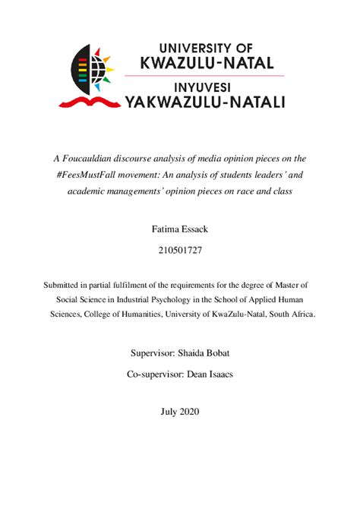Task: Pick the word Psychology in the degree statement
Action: (178, 299)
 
